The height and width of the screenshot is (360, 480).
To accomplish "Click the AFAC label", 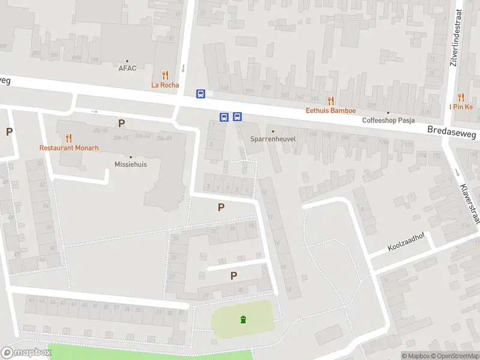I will (127, 68).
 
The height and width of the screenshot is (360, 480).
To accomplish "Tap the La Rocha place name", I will (165, 85).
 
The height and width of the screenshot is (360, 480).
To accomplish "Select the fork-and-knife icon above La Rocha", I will (165, 75).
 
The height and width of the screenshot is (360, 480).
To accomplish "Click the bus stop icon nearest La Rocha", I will (200, 94).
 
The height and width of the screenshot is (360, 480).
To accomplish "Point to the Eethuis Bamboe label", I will (331, 110).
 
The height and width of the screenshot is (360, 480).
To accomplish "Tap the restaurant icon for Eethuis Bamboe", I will (331, 100).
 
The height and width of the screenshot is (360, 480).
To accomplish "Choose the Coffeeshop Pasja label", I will (388, 120).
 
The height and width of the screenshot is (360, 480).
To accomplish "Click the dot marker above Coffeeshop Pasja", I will (388, 112).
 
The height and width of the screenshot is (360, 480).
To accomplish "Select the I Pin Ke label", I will (461, 107).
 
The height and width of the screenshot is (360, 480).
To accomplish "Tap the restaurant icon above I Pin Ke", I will (461, 97).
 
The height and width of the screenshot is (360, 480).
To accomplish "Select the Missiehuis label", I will (131, 164).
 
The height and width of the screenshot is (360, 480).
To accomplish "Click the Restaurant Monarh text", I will (69, 148).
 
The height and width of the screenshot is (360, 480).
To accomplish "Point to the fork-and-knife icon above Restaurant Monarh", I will (69, 137).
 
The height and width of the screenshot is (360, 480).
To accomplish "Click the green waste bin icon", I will (243, 319).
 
